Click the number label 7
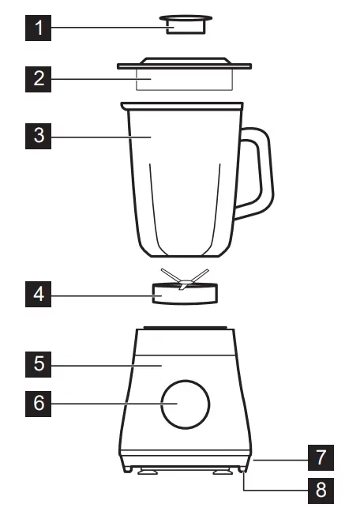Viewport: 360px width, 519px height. (320, 457)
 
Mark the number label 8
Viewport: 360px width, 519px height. (320, 489)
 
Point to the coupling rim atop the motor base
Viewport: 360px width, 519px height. (185, 327)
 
